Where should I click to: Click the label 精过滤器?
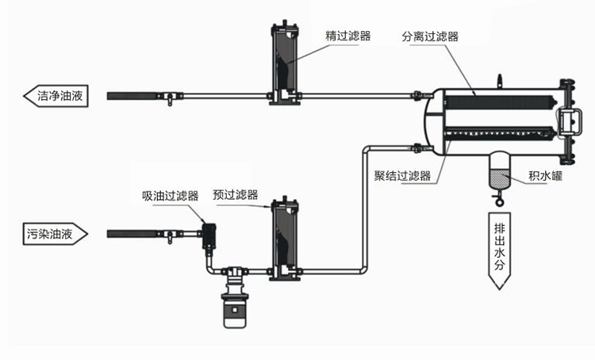(x=347, y=36)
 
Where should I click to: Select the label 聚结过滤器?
(x=402, y=176)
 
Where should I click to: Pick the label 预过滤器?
(x=236, y=194)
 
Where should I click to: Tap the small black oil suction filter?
(x=210, y=235)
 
